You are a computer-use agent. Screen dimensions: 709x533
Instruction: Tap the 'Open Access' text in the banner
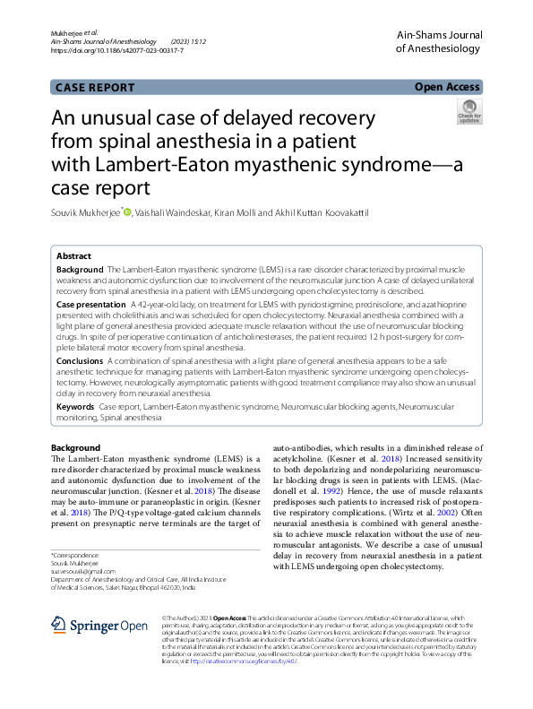coord(447,87)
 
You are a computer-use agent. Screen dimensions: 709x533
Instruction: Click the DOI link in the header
coord(117,51)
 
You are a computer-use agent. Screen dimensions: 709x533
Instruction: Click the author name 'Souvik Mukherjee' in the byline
coord(85,212)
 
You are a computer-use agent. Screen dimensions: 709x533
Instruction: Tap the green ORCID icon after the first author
coord(127,212)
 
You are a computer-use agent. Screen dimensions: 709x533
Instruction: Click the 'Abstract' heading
coord(73,255)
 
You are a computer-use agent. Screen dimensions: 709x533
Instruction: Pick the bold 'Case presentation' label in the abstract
coord(90,305)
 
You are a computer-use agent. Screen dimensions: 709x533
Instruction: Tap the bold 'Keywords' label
coord(75,406)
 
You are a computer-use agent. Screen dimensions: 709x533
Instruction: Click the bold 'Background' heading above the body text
coord(75,447)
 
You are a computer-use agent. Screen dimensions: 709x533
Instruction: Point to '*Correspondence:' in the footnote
coord(74,555)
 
